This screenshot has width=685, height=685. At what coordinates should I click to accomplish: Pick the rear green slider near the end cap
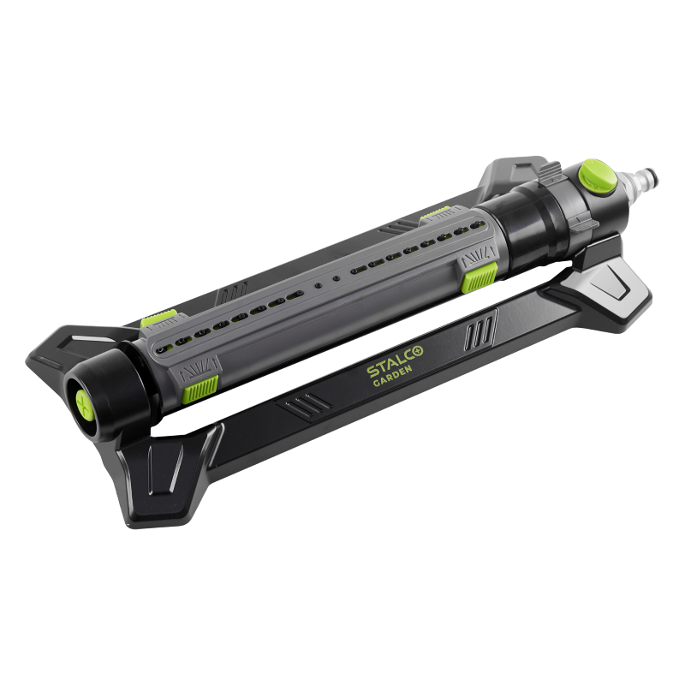coord(159,319)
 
